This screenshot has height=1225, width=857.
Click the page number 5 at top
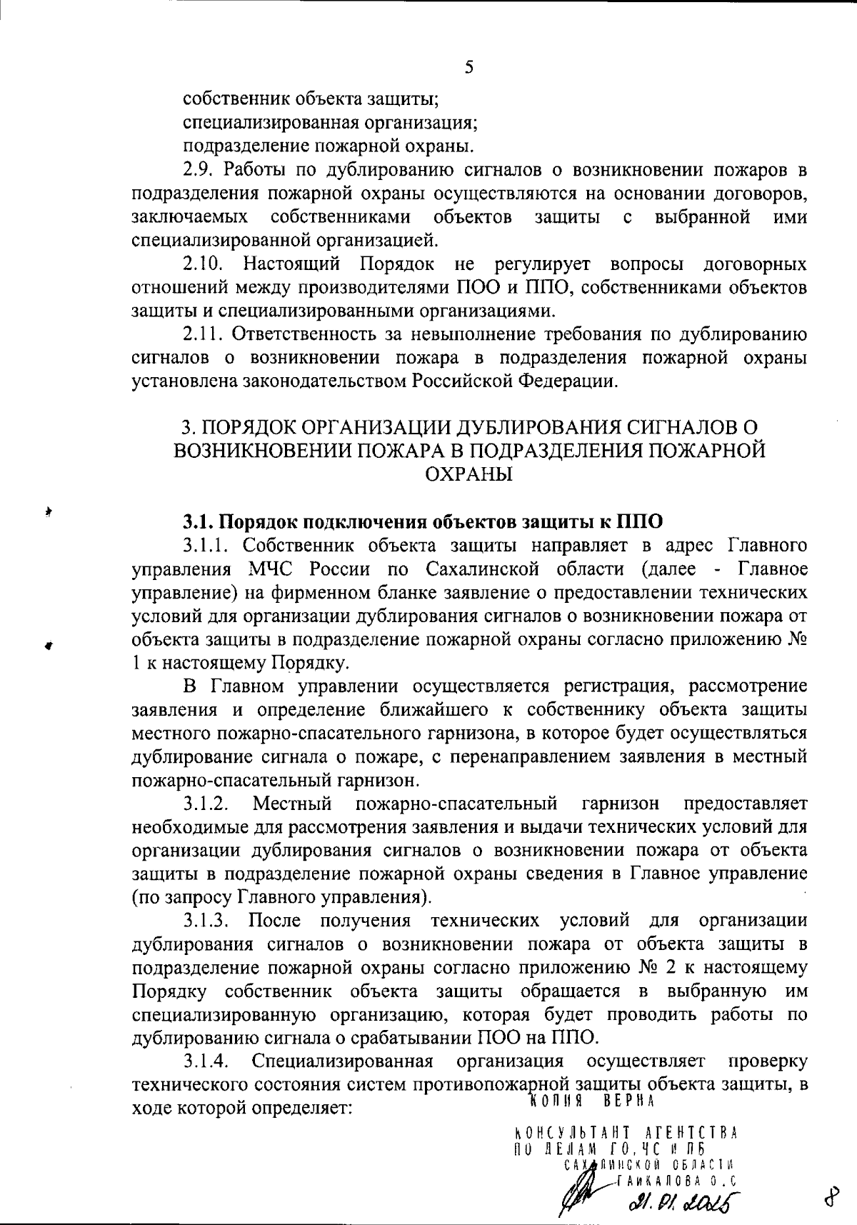[x=468, y=67]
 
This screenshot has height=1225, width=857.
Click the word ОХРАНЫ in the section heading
[x=468, y=474]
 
